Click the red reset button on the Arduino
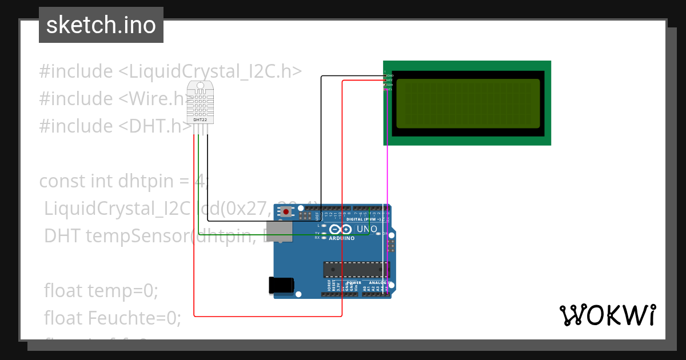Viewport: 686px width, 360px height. coord(286,212)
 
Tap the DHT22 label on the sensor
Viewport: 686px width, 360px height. coord(200,120)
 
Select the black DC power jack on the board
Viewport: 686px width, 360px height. coord(281,285)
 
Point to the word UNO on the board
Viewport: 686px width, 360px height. coord(367,229)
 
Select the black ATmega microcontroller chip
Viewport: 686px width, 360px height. coord(356,269)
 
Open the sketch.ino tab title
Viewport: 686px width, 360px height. coord(101,25)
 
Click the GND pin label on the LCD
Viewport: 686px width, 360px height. coord(390,75)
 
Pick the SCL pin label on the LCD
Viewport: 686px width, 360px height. coord(389,89)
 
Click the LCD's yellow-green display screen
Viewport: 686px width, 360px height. coord(468,103)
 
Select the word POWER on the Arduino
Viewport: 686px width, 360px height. coord(354,282)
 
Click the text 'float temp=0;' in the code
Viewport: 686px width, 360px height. coord(101,291)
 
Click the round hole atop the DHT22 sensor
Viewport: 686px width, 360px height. coord(200,88)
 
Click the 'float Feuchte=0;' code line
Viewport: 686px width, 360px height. coord(113,317)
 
